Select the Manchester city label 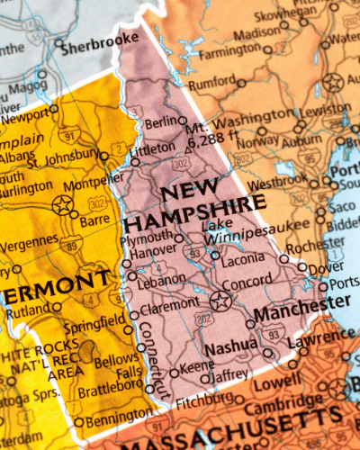click(287, 315)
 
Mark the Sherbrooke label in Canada click(100, 39)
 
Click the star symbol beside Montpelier click(63, 204)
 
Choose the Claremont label click(169, 305)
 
